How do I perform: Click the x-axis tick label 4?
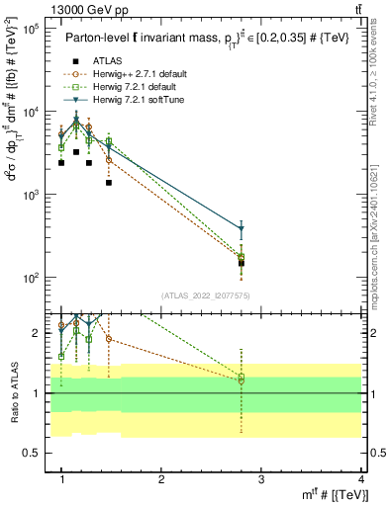pyautogui.click(x=362, y=479)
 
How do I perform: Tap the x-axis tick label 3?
pyautogui.click(x=261, y=479)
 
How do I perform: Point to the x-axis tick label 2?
pyautogui.click(x=161, y=479)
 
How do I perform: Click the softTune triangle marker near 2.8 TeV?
pyautogui.click(x=242, y=229)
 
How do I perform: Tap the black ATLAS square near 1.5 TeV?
pyautogui.click(x=109, y=183)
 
